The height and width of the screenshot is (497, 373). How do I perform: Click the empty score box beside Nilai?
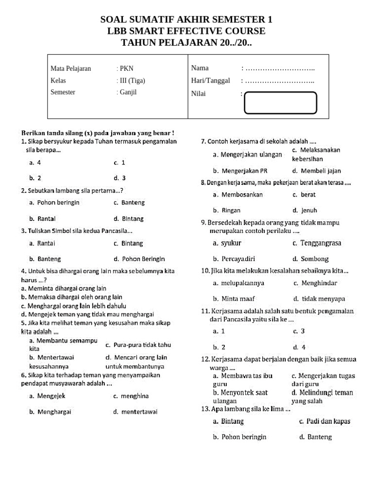click(280, 102)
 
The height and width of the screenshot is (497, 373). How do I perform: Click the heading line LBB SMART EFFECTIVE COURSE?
click(186, 31)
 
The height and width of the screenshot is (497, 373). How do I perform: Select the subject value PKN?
click(125, 68)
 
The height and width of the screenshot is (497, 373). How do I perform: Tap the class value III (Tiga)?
click(131, 81)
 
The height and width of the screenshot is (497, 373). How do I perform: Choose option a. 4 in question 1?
click(35, 163)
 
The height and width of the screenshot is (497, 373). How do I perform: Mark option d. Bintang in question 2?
click(129, 219)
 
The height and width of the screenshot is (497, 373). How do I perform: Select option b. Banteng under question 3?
click(45, 259)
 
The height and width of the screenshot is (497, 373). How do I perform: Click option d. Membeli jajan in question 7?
click(316, 171)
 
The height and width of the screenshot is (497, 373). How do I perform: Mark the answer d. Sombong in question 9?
click(310, 259)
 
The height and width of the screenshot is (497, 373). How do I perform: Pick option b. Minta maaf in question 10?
click(234, 299)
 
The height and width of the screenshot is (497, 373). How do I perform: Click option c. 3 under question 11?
click(299, 331)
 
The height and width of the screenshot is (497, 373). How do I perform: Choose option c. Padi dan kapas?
click(324, 421)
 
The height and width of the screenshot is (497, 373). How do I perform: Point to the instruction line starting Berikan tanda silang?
click(98, 133)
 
